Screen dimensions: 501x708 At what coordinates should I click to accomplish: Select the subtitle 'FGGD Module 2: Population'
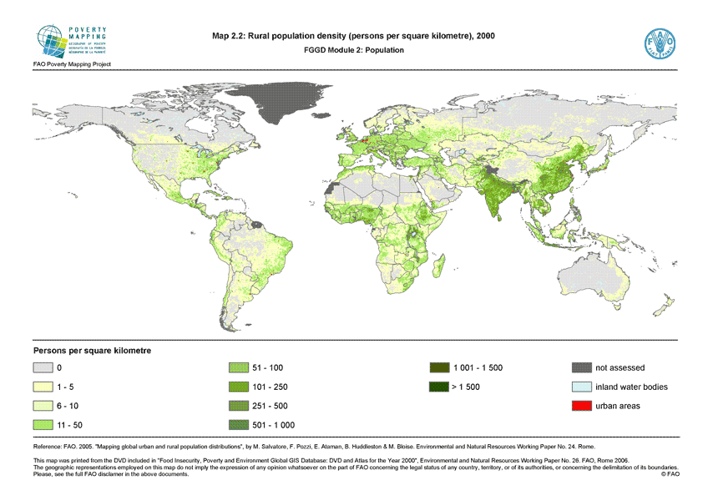pos(354,50)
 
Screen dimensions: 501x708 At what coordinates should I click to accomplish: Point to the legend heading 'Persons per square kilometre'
pos(92,350)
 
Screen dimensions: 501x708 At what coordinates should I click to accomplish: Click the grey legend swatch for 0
pos(43,367)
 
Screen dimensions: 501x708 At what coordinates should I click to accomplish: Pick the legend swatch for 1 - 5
pos(43,387)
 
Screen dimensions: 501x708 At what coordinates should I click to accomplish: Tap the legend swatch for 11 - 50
pos(43,425)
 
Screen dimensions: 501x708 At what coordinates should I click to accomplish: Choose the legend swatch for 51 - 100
pos(240,367)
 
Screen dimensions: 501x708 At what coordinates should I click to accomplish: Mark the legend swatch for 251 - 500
pos(240,406)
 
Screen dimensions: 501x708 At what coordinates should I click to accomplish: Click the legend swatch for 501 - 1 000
pos(240,425)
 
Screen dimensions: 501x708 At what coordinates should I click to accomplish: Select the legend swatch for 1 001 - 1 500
pos(438,367)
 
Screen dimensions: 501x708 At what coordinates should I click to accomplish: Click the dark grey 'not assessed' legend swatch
pos(582,367)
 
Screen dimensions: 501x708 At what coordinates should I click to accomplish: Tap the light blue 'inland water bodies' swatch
pos(582,387)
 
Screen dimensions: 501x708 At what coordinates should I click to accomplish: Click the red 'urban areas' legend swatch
pos(582,406)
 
